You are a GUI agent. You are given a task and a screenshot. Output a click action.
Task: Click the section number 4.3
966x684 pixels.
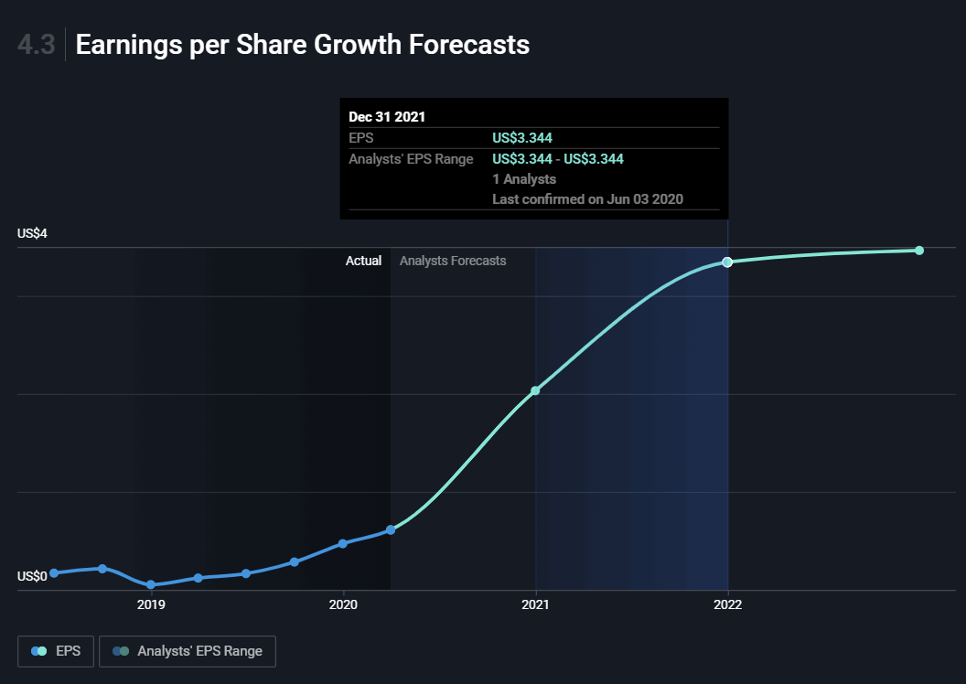(37, 45)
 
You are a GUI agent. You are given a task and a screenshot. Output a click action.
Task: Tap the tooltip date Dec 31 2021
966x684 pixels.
(387, 117)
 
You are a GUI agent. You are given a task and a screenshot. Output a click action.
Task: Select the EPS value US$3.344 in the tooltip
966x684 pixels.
(522, 138)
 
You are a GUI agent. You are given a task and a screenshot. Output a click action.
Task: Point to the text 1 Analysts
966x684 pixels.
(524, 179)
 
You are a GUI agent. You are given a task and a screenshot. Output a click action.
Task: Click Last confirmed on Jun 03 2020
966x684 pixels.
(588, 198)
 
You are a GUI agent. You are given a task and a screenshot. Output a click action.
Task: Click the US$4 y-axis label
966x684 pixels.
(32, 233)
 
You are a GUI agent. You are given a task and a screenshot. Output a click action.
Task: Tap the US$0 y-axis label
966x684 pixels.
(32, 576)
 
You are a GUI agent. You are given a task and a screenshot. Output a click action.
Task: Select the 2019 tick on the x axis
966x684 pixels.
(151, 604)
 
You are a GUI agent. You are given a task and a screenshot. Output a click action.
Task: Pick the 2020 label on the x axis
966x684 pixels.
(343, 604)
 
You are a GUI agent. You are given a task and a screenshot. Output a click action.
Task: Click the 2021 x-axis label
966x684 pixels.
(535, 604)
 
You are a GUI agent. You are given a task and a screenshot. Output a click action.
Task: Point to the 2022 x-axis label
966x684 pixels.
(727, 604)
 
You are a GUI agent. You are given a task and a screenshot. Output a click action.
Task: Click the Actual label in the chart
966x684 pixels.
(363, 261)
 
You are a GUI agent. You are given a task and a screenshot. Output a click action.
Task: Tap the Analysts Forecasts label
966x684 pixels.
(453, 261)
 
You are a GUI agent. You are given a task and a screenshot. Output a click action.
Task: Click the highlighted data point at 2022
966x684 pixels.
(727, 262)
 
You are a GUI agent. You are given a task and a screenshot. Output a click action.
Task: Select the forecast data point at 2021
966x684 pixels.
(535, 390)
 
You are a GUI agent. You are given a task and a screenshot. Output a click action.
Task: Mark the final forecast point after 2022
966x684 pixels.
(919, 250)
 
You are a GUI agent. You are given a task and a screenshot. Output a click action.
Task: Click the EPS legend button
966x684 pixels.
(56, 651)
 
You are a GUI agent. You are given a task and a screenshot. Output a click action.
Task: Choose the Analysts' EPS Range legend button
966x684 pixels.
(188, 651)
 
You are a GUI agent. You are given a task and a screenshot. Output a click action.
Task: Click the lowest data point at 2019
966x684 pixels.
(151, 585)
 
